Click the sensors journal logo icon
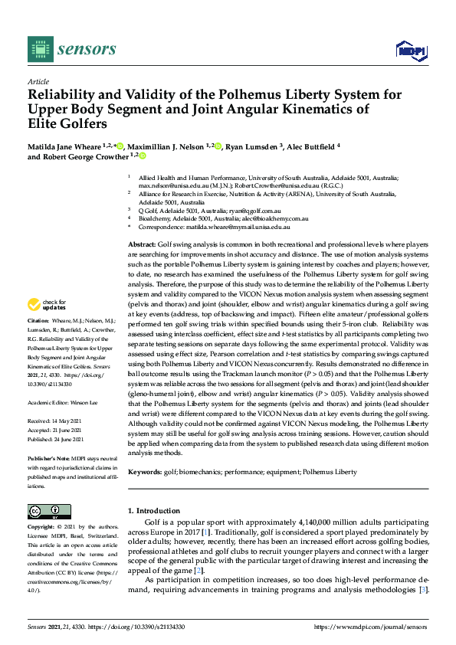38,49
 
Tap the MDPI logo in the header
410,51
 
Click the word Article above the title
38,81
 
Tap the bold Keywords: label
145,473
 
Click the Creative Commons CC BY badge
44,511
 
